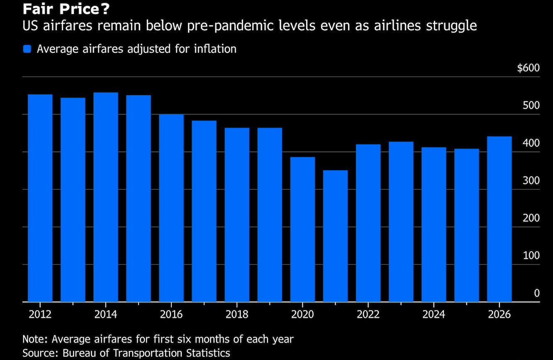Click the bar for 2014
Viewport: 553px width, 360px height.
[106, 197]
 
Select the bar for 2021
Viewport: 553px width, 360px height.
[335, 236]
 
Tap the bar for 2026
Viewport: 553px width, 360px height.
[499, 219]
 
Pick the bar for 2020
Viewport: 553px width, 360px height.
[302, 229]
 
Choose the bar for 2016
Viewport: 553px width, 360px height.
[171, 208]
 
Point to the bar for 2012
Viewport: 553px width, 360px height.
[40, 198]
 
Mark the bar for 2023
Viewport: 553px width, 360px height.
[401, 222]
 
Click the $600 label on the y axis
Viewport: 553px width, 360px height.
[528, 68]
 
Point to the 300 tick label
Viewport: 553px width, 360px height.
[531, 181]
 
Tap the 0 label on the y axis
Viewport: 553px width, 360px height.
[537, 293]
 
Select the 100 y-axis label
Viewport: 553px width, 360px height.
[531, 255]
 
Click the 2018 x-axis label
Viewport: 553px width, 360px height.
[237, 314]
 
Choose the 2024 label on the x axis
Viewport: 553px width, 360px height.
[434, 314]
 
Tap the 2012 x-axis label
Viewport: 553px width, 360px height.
[40, 314]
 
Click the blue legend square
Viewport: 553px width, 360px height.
[27, 49]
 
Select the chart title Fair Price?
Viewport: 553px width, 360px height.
[66, 9]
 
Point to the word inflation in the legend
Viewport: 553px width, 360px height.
[215, 49]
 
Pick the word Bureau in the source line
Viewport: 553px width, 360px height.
[79, 353]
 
